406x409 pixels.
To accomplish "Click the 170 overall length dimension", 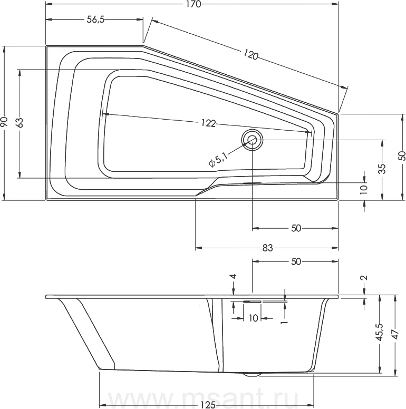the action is [x=194, y=4].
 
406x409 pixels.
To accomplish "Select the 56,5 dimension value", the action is [x=95, y=20].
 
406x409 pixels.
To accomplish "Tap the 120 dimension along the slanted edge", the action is [x=251, y=54].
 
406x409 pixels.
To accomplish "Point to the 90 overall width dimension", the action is [x=4, y=122].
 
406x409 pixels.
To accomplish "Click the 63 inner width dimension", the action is [x=20, y=122].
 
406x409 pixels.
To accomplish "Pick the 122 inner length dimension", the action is [x=208, y=123].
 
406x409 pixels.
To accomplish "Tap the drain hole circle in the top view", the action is [x=252, y=140].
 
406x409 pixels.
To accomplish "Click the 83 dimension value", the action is [x=267, y=248].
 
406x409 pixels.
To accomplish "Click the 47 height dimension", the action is [x=395, y=334].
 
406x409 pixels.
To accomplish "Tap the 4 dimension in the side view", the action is [x=233, y=276].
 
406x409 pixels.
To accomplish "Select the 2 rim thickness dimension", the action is [x=364, y=278].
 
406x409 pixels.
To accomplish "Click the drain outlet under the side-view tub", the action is [x=252, y=374].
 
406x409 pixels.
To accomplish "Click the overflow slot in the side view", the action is [x=252, y=301].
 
